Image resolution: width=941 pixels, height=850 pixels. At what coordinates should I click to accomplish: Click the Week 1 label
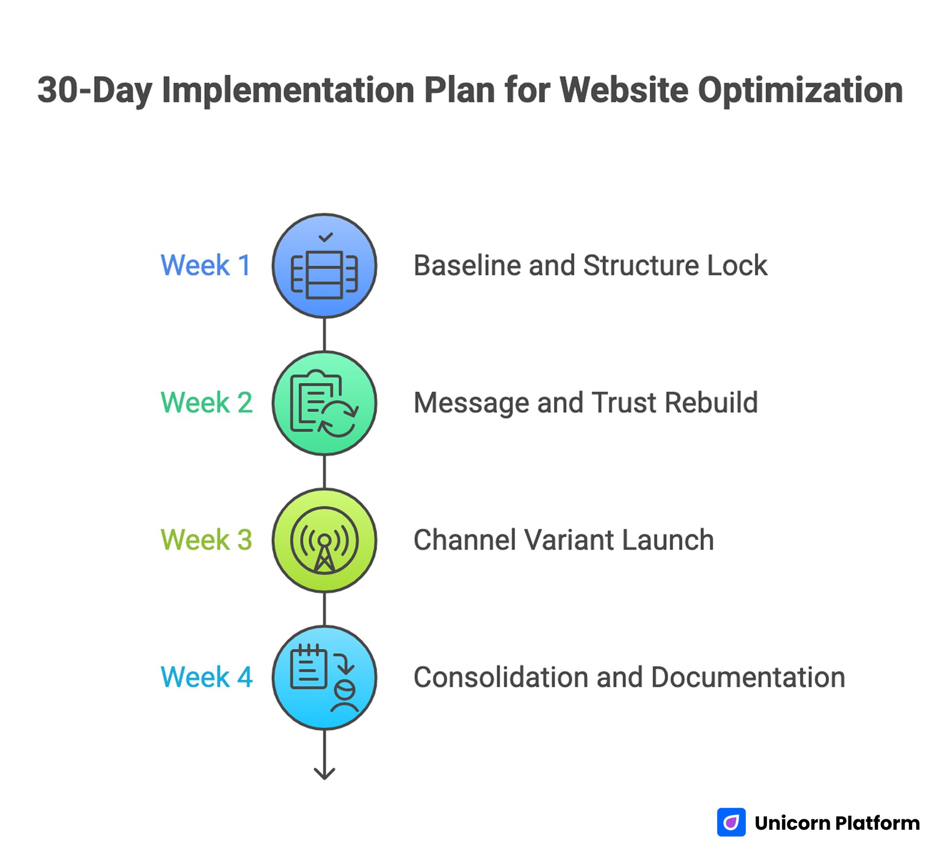(206, 266)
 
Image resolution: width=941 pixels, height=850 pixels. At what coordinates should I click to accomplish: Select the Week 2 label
(206, 402)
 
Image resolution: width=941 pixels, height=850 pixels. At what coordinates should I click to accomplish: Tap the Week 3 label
(206, 540)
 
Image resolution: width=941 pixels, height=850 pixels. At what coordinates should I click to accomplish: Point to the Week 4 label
(206, 677)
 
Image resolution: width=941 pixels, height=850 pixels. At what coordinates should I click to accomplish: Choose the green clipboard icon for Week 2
(324, 403)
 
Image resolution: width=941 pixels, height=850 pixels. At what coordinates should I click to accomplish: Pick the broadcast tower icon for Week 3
(324, 540)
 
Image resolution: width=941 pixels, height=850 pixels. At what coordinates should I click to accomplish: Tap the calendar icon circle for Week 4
(324, 678)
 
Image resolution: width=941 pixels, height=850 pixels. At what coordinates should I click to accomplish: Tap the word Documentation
(748, 677)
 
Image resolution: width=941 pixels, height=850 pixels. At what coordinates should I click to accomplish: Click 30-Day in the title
(95, 90)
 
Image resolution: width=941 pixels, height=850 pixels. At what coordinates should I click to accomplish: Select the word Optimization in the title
(800, 90)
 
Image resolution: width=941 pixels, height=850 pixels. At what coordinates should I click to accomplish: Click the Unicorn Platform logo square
(731, 822)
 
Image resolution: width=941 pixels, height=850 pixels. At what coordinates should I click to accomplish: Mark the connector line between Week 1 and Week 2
(324, 334)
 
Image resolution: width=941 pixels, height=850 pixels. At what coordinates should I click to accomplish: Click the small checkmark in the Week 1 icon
(325, 237)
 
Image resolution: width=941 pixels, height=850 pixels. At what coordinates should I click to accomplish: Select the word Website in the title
(624, 90)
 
